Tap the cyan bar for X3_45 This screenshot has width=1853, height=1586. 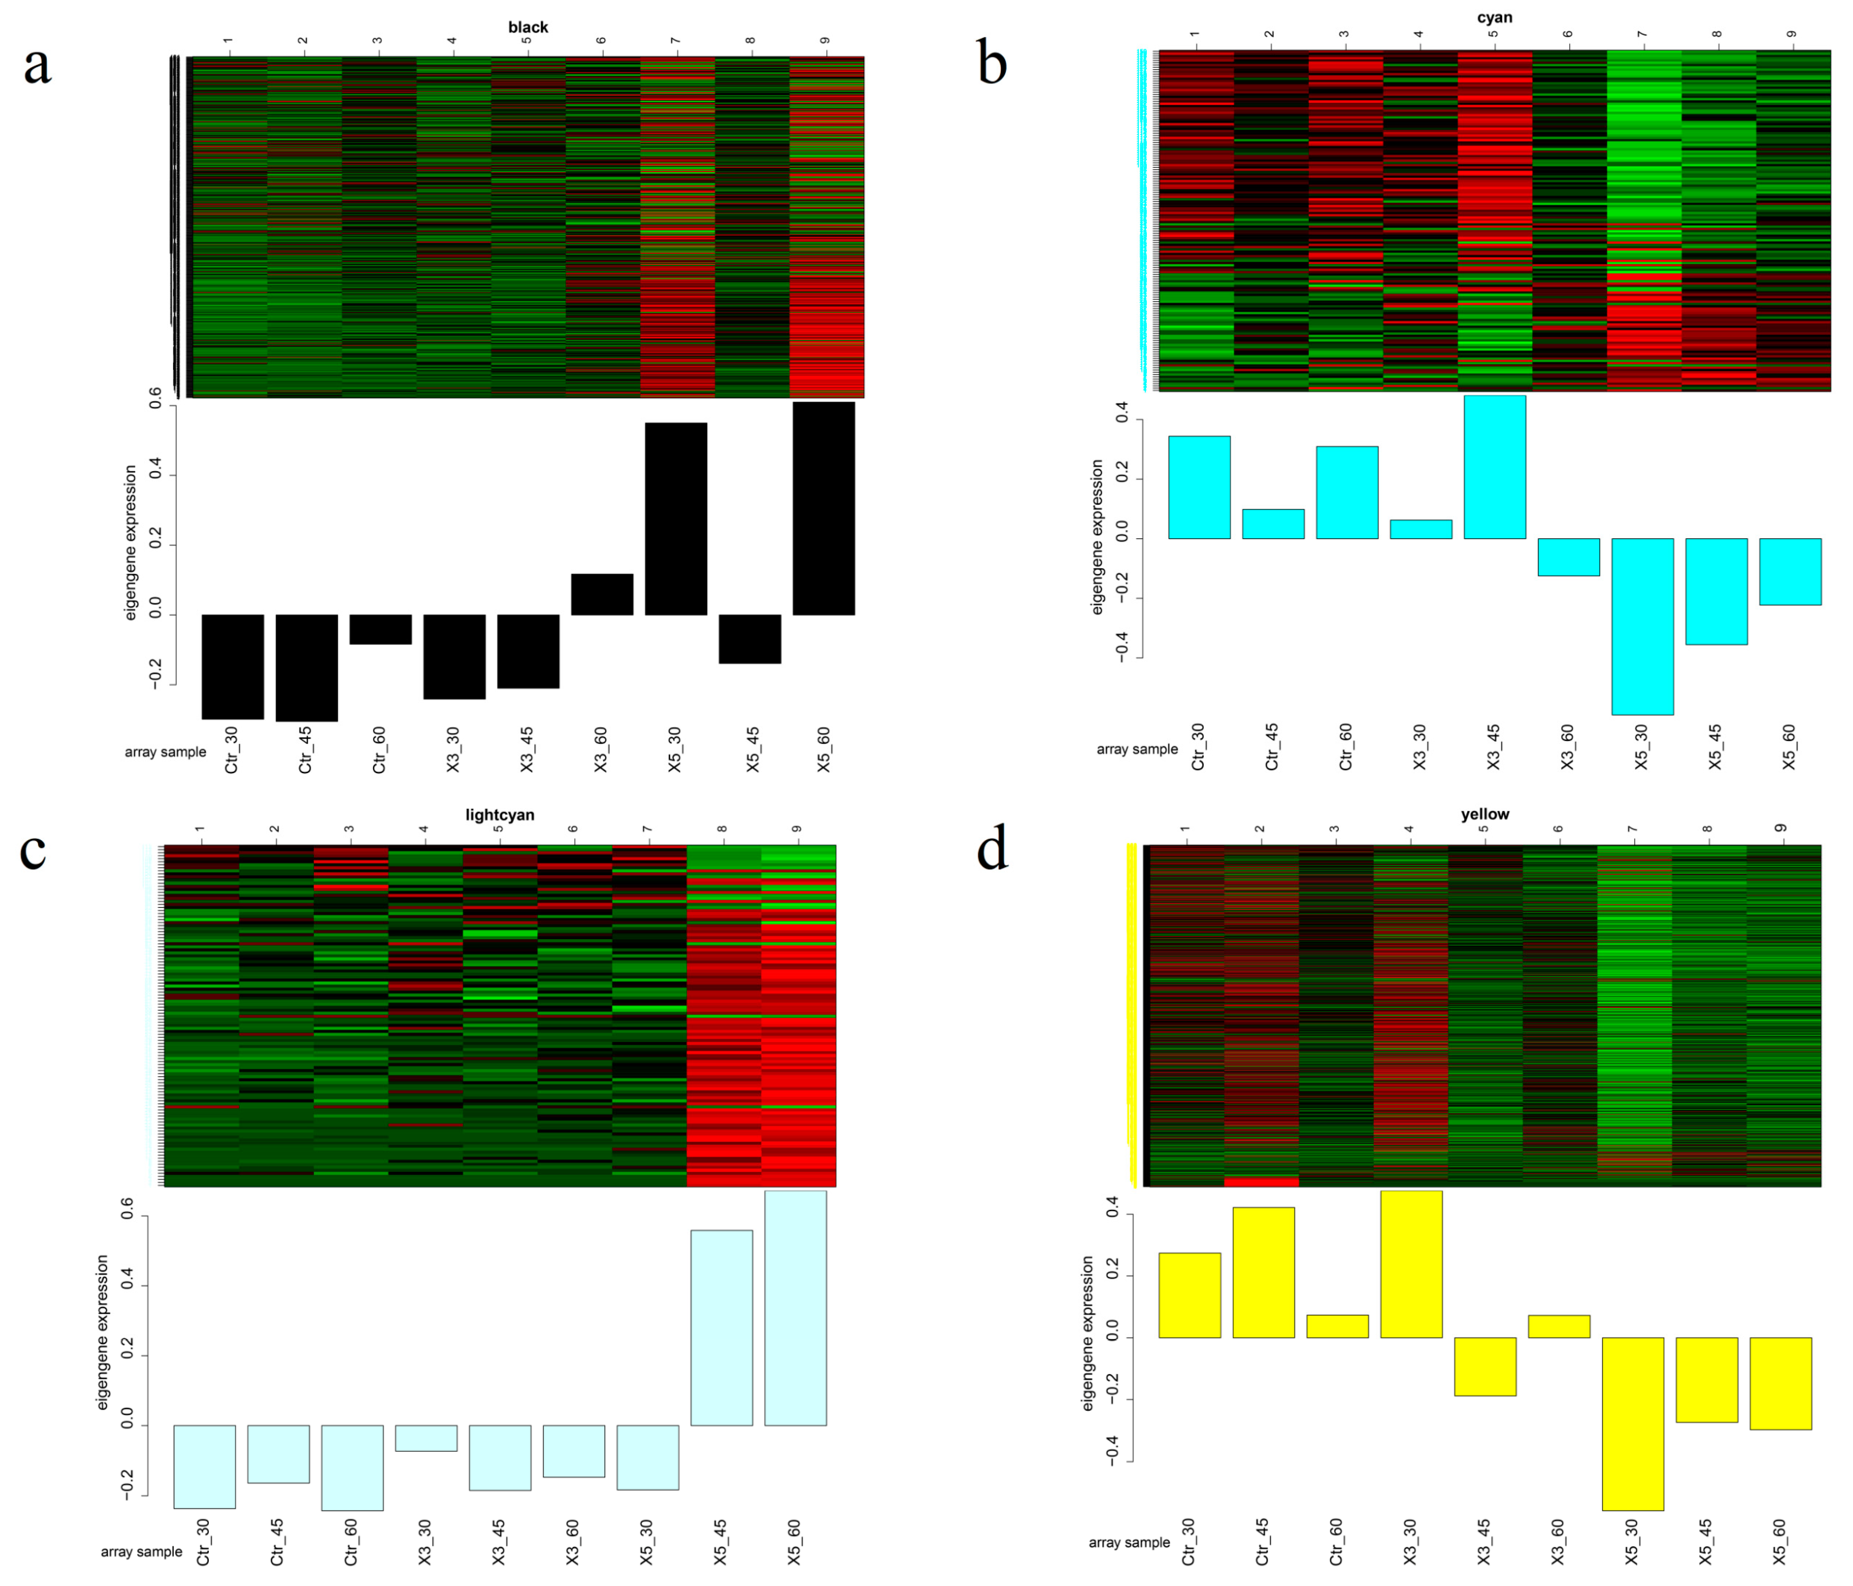coord(1495,467)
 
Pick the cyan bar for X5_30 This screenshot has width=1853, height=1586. coord(1642,626)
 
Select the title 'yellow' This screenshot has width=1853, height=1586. coord(1484,814)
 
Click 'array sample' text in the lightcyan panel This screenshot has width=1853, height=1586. coord(141,1552)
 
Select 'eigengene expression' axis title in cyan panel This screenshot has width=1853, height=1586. coord(1097,537)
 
